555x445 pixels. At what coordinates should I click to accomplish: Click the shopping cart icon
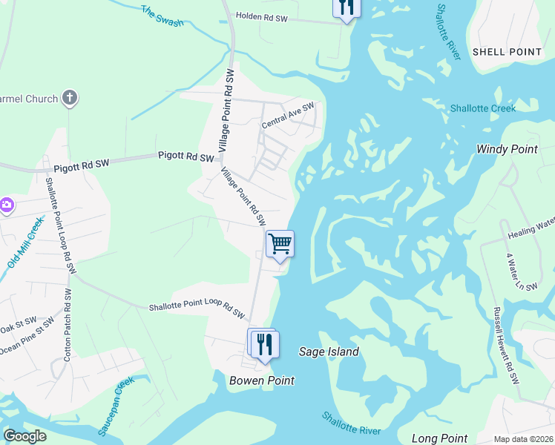tap(280, 243)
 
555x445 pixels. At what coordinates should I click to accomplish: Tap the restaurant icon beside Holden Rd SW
tap(346, 7)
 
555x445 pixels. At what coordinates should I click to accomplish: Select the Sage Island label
tap(329, 352)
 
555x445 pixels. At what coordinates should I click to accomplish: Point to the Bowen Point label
tap(261, 380)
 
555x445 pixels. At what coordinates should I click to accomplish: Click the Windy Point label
tap(507, 149)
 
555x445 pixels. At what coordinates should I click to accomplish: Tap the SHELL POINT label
tap(507, 52)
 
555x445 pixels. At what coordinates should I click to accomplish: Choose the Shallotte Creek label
tap(483, 108)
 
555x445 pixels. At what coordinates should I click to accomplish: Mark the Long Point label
tap(441, 438)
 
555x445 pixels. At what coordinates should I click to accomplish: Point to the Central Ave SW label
tap(288, 115)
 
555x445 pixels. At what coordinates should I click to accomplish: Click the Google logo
tap(24, 436)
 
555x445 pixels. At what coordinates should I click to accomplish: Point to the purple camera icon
tap(6, 205)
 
